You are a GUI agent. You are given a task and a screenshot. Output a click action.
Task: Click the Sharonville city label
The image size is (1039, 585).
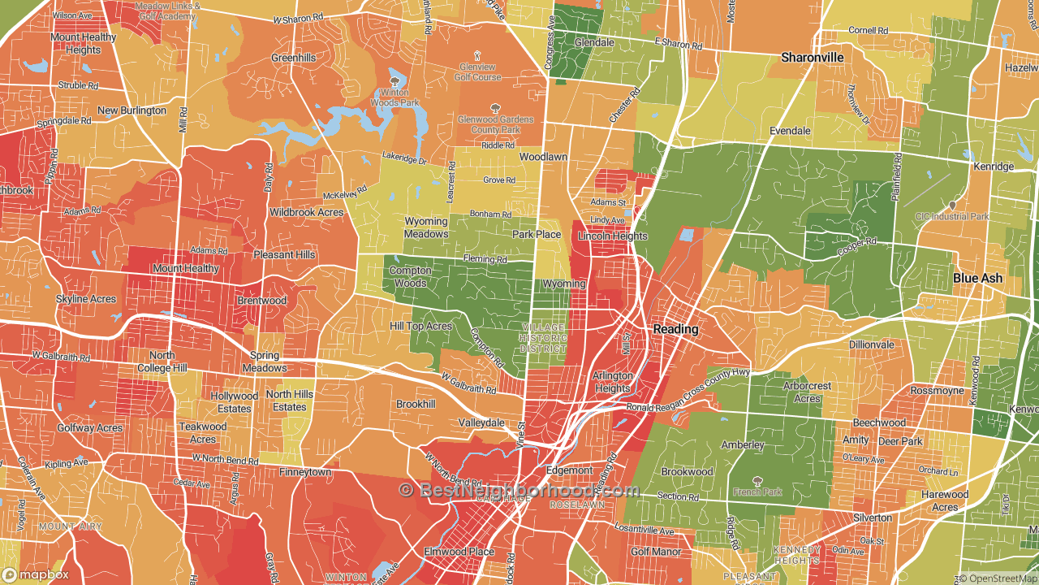(812, 58)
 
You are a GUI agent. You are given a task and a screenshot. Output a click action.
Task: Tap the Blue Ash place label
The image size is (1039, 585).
(977, 278)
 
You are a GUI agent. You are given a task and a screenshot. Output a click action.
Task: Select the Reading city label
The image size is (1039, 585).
(675, 329)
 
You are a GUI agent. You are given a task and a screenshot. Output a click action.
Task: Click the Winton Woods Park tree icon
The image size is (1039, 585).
(394, 81)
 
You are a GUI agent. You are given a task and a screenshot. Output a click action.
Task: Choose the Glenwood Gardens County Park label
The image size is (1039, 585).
(495, 124)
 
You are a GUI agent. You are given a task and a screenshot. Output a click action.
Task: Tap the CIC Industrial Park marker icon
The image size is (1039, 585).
(951, 206)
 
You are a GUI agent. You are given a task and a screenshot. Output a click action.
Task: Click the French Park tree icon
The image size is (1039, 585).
(758, 480)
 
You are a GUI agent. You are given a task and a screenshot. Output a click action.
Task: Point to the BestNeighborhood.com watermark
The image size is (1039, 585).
(519, 490)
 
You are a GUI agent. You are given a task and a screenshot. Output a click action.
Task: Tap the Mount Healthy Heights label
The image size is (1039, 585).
(84, 44)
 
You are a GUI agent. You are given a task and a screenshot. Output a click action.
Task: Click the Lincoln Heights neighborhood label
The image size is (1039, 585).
(612, 236)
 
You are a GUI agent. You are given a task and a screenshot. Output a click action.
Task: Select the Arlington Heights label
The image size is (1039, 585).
(612, 382)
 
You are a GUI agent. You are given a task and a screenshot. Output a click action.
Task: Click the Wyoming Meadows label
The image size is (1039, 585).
(426, 227)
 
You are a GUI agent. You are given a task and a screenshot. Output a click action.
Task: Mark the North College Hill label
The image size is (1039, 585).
(162, 362)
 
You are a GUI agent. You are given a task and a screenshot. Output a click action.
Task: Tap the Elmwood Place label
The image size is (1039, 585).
(459, 552)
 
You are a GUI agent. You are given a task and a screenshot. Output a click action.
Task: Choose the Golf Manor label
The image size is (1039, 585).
(656, 552)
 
